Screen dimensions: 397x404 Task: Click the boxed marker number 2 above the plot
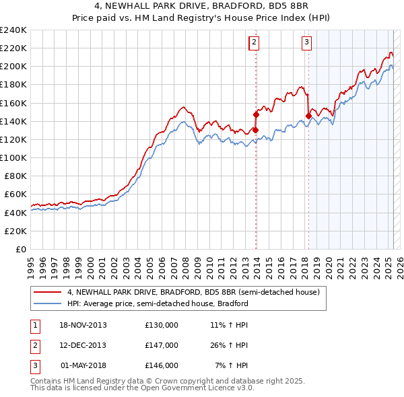tap(255, 42)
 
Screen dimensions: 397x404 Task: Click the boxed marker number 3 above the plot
tap(306, 42)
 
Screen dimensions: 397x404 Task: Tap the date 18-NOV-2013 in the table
tap(83, 325)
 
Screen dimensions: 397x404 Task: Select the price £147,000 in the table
tap(162, 345)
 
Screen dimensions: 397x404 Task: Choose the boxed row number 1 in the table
tap(35, 325)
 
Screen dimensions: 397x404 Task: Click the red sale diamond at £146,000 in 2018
tap(308, 116)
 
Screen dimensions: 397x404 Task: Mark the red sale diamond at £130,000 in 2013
tap(256, 130)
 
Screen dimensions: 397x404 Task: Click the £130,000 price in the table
tap(162, 325)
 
